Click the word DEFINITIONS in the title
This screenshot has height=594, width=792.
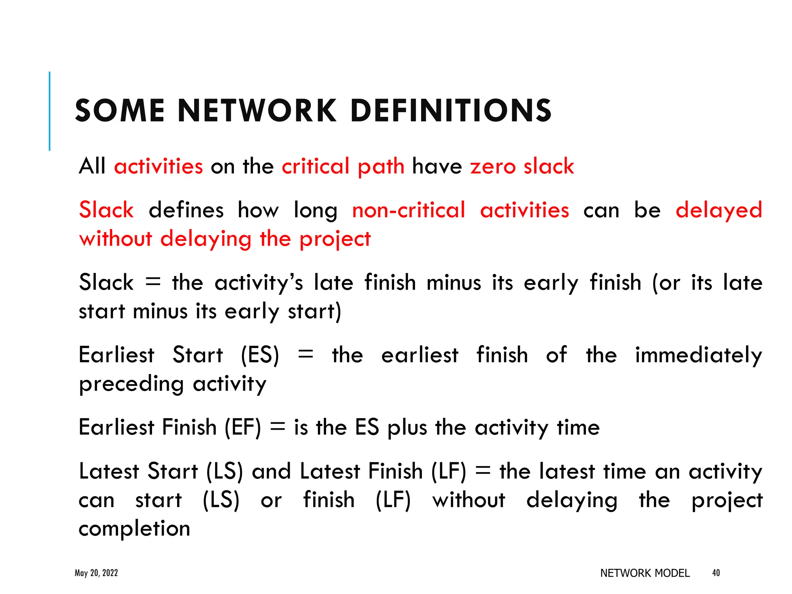click(451, 111)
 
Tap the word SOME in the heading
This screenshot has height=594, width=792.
click(120, 111)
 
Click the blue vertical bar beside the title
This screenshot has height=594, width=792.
click(49, 111)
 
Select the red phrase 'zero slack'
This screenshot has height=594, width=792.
click(522, 166)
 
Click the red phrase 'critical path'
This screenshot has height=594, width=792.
click(343, 167)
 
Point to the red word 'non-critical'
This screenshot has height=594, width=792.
click(408, 210)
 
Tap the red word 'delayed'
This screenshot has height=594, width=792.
click(719, 211)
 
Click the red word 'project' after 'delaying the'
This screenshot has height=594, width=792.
click(335, 239)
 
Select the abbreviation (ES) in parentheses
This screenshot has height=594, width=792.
click(260, 355)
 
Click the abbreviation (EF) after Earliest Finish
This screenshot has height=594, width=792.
click(243, 428)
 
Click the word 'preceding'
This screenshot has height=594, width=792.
click(131, 385)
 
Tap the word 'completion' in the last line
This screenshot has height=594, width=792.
click(134, 529)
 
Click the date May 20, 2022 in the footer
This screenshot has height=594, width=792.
click(96, 573)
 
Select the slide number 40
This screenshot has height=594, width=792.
click(716, 573)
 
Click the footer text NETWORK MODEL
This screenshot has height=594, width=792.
click(645, 573)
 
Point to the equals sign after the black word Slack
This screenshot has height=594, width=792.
click(153, 282)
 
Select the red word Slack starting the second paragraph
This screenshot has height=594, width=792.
click(106, 210)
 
